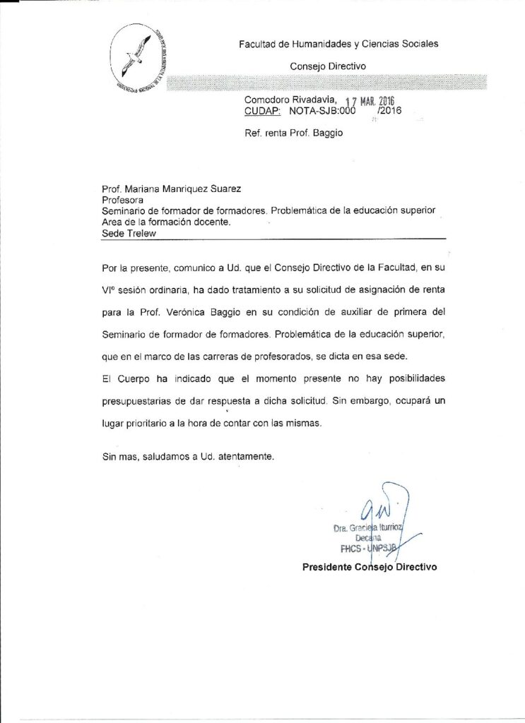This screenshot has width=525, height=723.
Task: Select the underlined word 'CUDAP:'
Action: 262,112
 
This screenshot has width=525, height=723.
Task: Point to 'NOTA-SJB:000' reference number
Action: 320,112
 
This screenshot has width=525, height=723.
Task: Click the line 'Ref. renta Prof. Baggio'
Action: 294,133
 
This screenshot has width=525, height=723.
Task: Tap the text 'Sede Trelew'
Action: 128,233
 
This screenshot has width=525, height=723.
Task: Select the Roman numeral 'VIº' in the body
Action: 110,289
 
